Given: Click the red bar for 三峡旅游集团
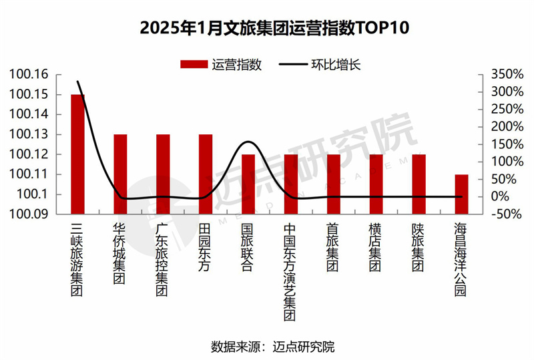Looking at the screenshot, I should tap(78, 154).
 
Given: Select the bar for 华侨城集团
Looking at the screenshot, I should tap(120, 174).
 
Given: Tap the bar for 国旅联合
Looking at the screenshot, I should tap(248, 184).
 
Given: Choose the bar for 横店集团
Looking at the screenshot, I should tap(376, 184).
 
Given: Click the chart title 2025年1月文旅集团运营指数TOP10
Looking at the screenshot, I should tap(266, 29).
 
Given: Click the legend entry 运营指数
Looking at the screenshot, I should tap(221, 65).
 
